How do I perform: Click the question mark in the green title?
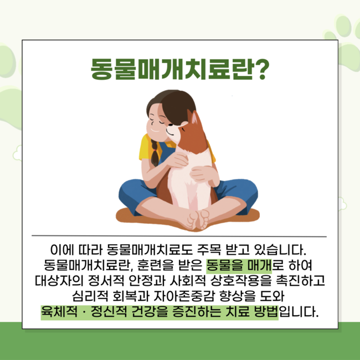tap(260, 69)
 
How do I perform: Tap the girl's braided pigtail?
tap(155, 152)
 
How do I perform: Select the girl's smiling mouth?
tap(155, 130)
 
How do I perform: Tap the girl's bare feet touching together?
tap(198, 220)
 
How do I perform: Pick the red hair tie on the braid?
tap(156, 150)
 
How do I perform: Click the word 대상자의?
tap(59, 281)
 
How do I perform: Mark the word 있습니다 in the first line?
tap(280, 250)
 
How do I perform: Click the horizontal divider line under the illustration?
tap(179, 236)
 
